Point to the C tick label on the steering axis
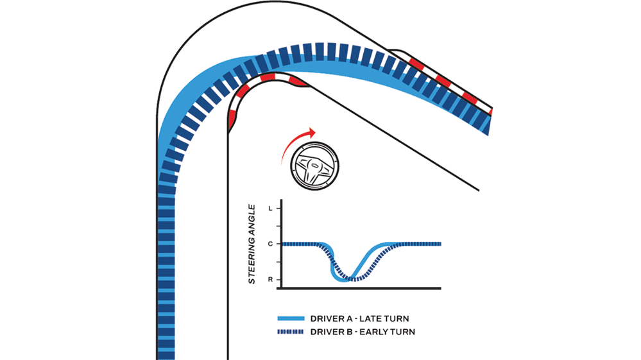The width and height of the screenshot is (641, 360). [x=270, y=244]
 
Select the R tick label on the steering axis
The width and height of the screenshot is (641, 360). [x=270, y=279]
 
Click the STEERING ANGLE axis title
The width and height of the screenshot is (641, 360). [x=253, y=244]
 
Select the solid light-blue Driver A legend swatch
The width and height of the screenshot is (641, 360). [x=290, y=319]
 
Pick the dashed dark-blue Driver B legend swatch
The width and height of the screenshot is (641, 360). [x=290, y=332]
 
